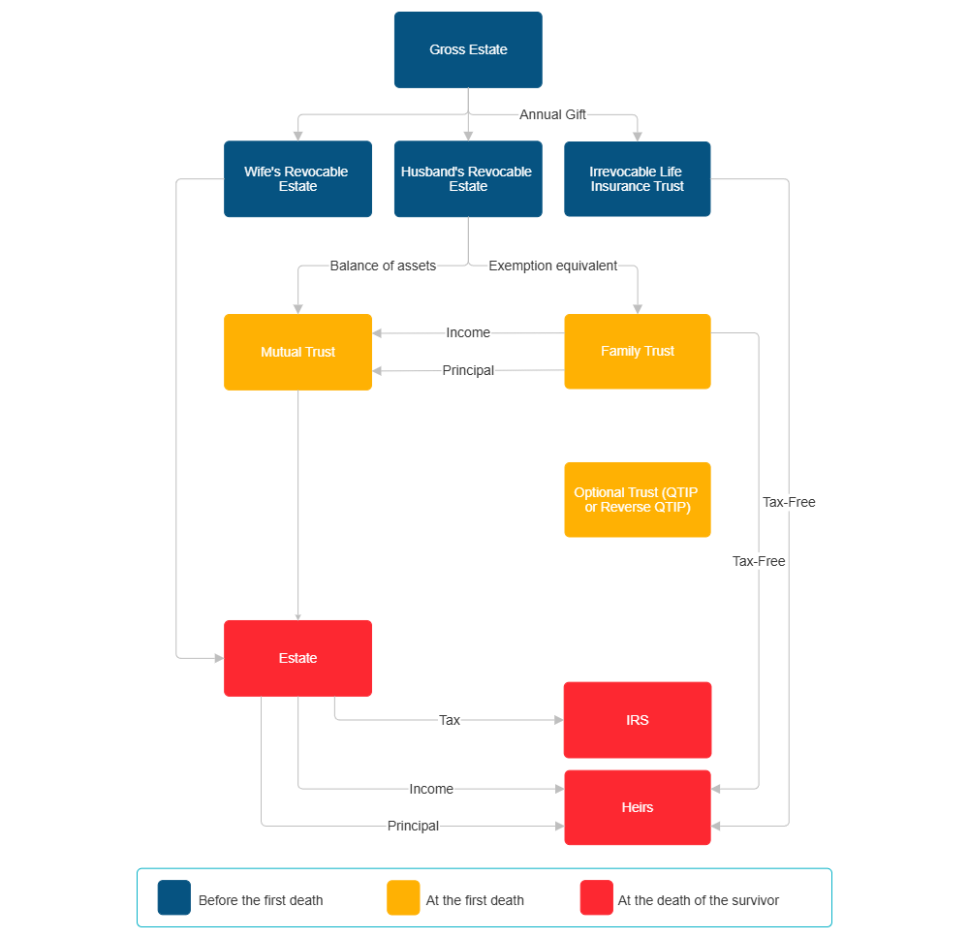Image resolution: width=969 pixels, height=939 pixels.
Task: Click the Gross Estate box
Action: coord(468,49)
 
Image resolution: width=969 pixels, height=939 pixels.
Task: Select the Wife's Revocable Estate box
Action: coord(297,179)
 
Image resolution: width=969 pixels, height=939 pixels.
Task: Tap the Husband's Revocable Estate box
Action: coord(467,179)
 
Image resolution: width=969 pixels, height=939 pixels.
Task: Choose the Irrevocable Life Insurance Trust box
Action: coord(637,179)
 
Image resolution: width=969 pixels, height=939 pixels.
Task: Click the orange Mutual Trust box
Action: coord(297,352)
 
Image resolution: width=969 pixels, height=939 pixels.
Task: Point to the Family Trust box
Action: coord(637,352)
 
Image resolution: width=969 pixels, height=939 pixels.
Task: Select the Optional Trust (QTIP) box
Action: coord(637,499)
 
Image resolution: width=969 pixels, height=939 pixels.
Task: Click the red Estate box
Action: coord(297,658)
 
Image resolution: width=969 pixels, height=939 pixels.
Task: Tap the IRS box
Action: coord(637,720)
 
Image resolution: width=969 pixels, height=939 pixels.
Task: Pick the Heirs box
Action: coord(637,807)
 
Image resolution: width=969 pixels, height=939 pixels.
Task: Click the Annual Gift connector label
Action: coord(553,114)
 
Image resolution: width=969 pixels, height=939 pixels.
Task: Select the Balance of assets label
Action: coord(383,266)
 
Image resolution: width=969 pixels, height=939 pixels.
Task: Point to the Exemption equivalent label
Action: coord(553,266)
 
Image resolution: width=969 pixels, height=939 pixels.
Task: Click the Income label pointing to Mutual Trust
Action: coord(468,332)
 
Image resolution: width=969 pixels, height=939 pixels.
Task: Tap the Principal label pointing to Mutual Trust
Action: coord(468,370)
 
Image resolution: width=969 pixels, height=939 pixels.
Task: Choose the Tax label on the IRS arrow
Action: coord(450,720)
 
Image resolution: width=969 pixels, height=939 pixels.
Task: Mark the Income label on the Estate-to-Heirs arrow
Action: coord(431,789)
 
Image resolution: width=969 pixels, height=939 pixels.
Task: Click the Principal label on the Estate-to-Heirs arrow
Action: coord(413,826)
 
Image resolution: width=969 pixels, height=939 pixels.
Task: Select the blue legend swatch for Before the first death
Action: coord(174,897)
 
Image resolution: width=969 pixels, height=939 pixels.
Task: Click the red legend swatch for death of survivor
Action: coord(596,897)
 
